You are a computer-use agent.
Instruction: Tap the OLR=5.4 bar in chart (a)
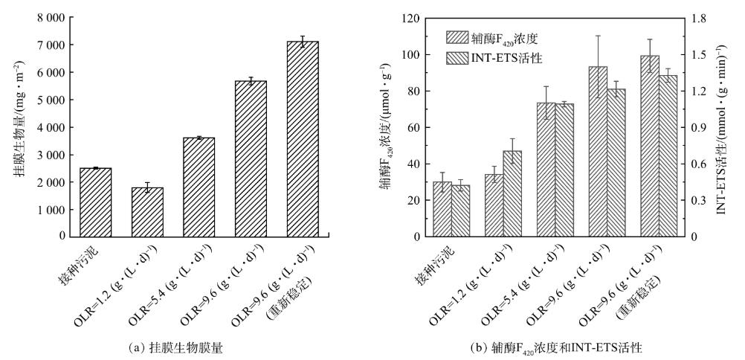pos(199,187)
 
